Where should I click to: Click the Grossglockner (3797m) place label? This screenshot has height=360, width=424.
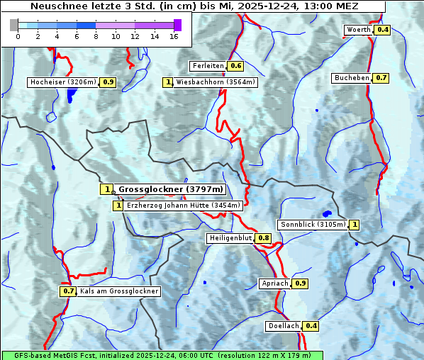tap(170, 189)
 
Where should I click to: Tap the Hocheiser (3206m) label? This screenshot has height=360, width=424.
tap(63, 82)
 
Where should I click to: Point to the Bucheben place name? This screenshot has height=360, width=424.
tap(352, 77)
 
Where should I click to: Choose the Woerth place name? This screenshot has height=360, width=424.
tap(358, 30)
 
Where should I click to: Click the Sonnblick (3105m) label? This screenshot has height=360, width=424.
tap(313, 225)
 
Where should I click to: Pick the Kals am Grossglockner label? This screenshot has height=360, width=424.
tap(119, 291)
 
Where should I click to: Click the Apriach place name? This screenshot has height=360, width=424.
tap(275, 283)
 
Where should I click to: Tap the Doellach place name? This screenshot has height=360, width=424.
tap(284, 326)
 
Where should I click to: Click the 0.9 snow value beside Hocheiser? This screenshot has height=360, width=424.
tap(108, 82)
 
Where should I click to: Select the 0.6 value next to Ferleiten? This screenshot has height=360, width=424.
tap(236, 66)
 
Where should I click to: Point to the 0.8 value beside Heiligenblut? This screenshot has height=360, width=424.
tap(264, 238)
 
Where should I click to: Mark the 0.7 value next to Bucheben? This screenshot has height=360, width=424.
tap(381, 77)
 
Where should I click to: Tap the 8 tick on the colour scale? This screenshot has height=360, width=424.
tap(96, 37)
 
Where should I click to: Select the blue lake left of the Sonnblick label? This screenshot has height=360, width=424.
tap(327, 213)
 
